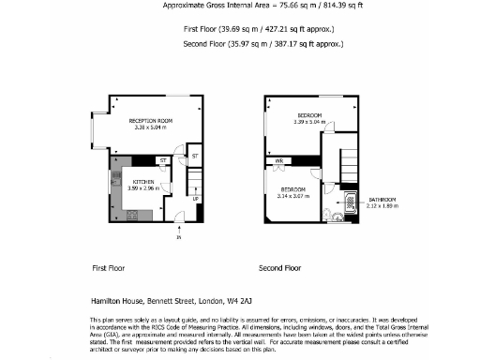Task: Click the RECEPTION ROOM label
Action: tap(150, 121)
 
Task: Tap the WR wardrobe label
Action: tap(279, 161)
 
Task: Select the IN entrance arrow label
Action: tap(178, 238)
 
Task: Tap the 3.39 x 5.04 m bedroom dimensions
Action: tap(309, 122)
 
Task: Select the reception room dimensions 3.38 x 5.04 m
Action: tap(150, 127)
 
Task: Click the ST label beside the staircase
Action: tap(194, 155)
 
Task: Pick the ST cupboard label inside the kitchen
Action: tap(162, 161)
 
